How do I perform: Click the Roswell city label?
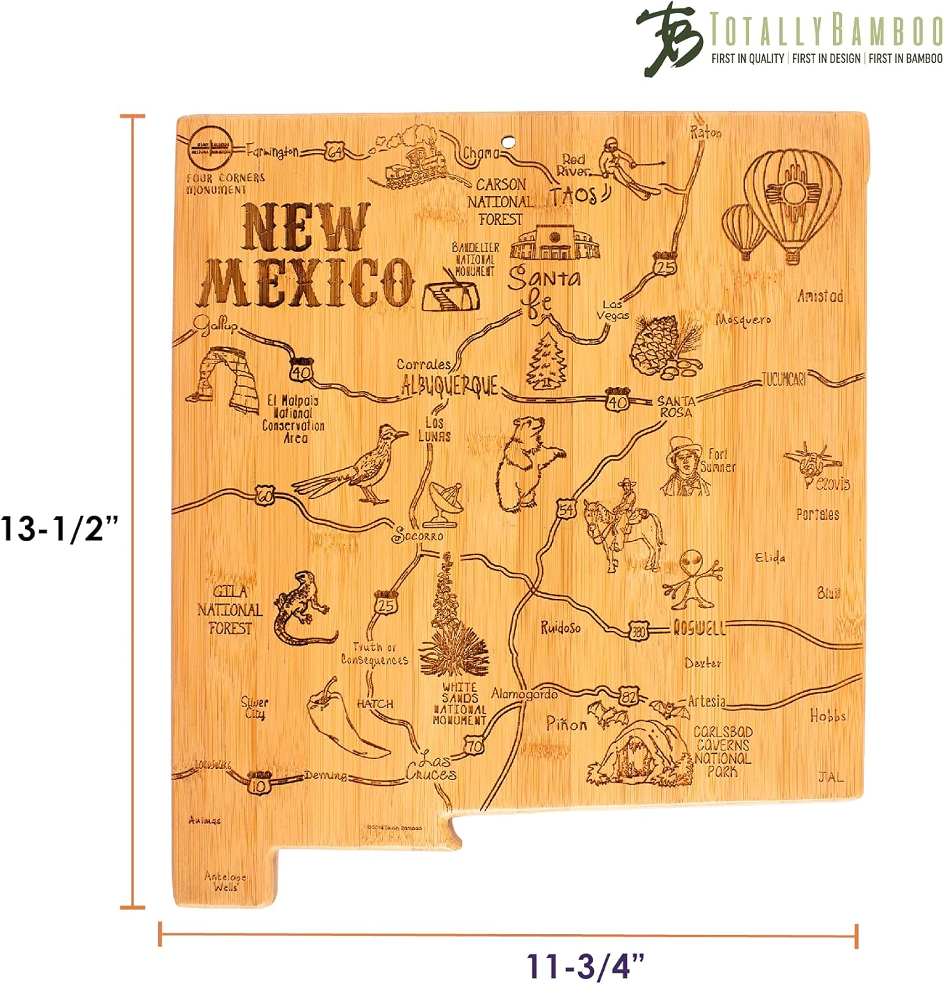tap(699, 628)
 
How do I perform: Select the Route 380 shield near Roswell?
tap(638, 631)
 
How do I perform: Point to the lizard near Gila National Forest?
tap(302, 607)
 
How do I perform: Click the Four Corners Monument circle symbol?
tap(210, 148)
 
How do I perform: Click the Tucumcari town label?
tap(783, 379)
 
